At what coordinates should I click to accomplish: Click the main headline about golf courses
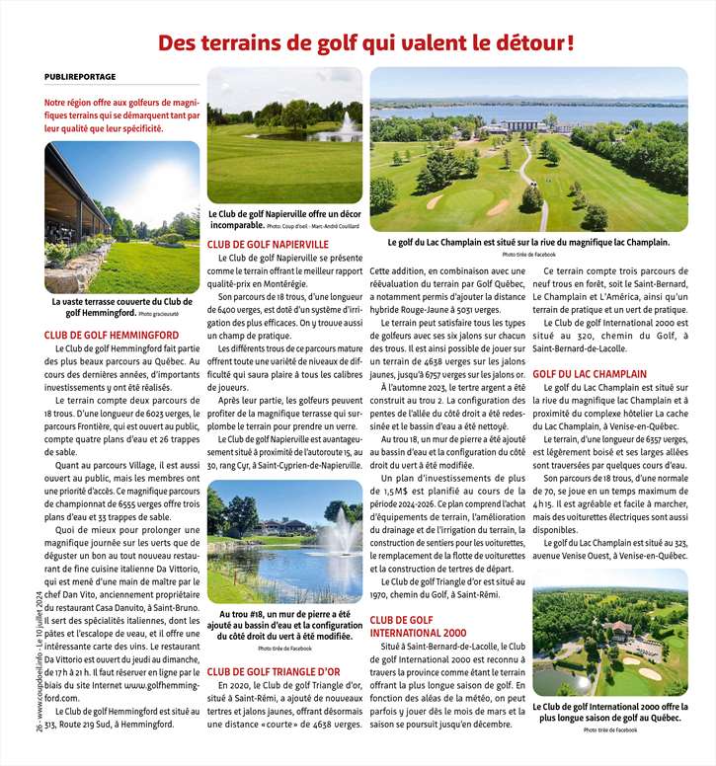click(x=366, y=43)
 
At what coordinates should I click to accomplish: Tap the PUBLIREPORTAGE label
click(x=80, y=76)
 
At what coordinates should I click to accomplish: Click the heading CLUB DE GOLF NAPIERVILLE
click(x=268, y=244)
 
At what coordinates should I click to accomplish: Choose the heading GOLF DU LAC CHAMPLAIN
click(x=590, y=374)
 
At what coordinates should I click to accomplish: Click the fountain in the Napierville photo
click(x=347, y=125)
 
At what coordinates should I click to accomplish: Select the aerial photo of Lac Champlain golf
click(x=528, y=149)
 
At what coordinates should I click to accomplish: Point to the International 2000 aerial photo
click(x=609, y=632)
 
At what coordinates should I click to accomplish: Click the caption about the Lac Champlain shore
click(x=528, y=242)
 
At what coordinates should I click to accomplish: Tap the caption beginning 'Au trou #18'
click(x=284, y=626)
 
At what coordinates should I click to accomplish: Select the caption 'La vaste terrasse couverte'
click(x=122, y=307)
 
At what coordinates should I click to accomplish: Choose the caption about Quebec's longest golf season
click(x=609, y=713)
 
